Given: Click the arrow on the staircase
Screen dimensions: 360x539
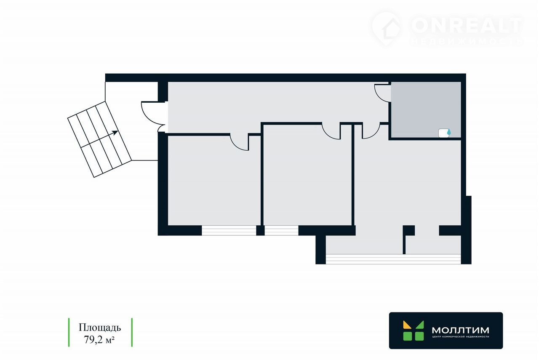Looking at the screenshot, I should [x=115, y=133].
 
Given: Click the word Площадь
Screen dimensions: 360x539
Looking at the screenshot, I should [x=100, y=328].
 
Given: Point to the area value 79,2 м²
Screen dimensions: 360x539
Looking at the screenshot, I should [x=100, y=339].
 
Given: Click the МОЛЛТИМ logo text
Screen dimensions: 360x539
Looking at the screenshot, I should [x=460, y=330].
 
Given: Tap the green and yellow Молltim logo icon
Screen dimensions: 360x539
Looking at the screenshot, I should [x=413, y=331].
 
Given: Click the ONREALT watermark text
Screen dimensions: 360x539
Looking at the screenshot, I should [x=467, y=25].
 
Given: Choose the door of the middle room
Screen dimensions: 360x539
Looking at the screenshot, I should [x=331, y=131].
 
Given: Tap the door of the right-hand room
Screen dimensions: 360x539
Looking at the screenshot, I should [x=370, y=131].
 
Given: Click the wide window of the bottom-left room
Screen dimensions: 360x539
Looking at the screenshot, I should [x=229, y=230].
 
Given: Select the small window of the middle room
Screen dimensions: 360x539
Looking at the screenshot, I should [x=281, y=230].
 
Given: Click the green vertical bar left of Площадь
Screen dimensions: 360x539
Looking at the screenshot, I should [x=69, y=332].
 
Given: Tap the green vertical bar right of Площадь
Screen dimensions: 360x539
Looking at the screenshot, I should [x=132, y=332].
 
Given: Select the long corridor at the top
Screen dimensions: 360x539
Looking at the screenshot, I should [x=274, y=103].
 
